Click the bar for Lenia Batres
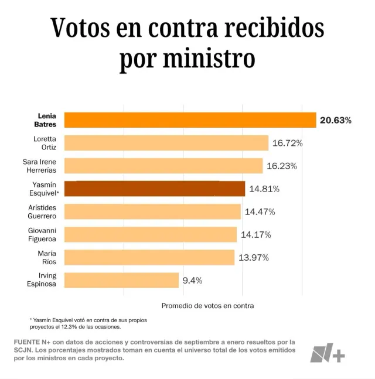pyautogui.click(x=190, y=120)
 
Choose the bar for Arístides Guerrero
pyautogui.click(x=152, y=211)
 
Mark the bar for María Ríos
pyautogui.click(x=149, y=257)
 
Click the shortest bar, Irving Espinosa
pyautogui.click(x=121, y=280)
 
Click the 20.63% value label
pyautogui.click(x=336, y=121)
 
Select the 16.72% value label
pyautogui.click(x=287, y=143)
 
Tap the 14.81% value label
pyautogui.click(x=264, y=189)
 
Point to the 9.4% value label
pyautogui.click(x=192, y=280)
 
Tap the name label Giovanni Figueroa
pyautogui.click(x=44, y=234)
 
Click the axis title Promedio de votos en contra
pyautogui.click(x=207, y=305)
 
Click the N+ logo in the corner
pyautogui.click(x=328, y=352)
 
